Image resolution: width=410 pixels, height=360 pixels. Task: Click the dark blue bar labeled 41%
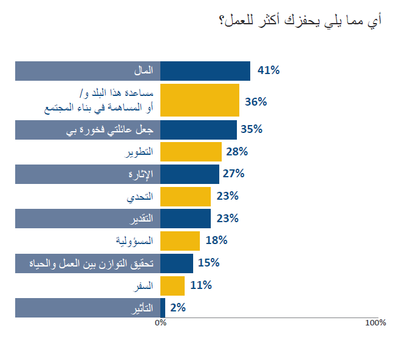pos(205,71)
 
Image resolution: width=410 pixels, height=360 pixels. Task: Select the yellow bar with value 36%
pos(200,100)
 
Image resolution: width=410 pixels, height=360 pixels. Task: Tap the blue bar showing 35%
pos(199,130)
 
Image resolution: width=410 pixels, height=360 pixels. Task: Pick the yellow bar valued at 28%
pos(191,152)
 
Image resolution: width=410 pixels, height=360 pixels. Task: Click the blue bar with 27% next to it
pos(190,174)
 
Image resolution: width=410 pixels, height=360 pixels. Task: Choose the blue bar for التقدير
pos(185,219)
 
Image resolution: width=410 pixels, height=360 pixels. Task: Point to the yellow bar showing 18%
pos(180,241)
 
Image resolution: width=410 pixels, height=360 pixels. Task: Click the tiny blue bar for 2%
pos(163,308)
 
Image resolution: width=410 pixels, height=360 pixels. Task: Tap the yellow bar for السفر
pos(173,285)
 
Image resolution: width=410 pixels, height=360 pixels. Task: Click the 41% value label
pos(268,70)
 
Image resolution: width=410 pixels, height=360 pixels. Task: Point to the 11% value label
pos(200,285)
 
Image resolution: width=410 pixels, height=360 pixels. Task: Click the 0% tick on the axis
pos(161,323)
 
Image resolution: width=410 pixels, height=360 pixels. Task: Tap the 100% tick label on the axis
pos(375,323)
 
